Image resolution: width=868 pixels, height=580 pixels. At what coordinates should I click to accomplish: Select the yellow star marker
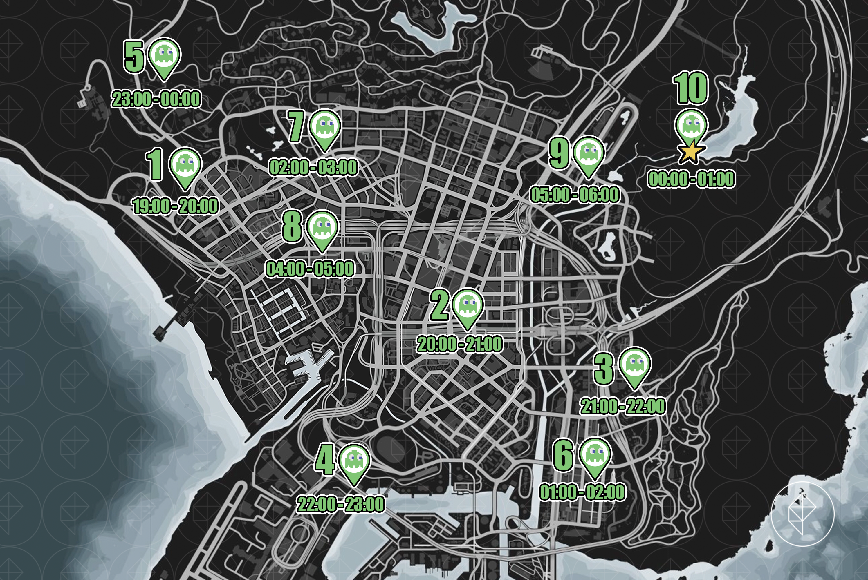(691, 153)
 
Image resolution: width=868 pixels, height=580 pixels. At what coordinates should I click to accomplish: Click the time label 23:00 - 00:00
(156, 99)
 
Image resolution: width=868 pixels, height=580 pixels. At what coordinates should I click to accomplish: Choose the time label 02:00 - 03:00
(313, 168)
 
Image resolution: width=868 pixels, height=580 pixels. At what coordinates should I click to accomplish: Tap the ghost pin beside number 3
(634, 364)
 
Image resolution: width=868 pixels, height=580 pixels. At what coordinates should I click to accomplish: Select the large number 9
(559, 153)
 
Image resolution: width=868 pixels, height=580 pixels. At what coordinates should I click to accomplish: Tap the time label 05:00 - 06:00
(575, 195)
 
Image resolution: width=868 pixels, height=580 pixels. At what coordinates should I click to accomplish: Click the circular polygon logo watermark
(802, 515)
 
